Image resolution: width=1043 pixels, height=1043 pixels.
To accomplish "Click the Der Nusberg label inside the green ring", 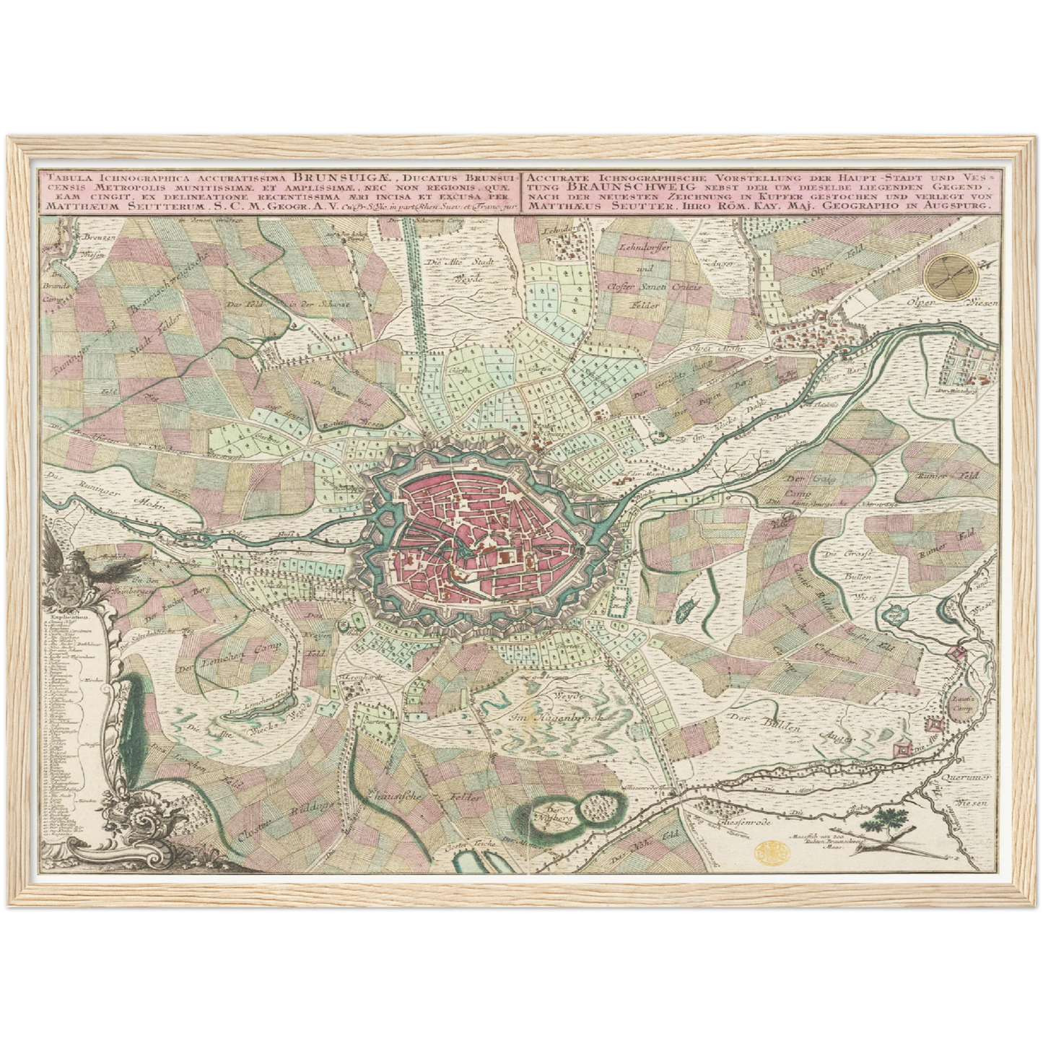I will pos(557,814).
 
